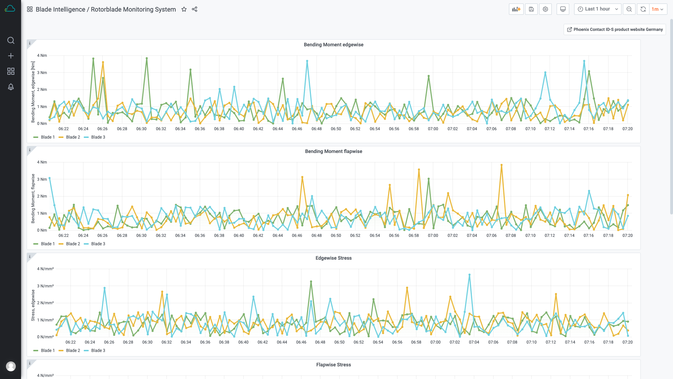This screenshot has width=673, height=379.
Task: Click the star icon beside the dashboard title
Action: (x=184, y=9)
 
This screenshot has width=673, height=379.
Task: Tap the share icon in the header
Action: (x=195, y=9)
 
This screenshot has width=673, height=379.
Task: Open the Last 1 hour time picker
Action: (x=597, y=9)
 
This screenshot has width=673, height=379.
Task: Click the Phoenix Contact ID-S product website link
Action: (x=614, y=29)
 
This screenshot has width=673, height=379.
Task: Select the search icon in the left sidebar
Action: (x=11, y=40)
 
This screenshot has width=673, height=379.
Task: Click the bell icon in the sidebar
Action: (x=11, y=87)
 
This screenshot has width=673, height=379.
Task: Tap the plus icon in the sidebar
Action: (x=11, y=56)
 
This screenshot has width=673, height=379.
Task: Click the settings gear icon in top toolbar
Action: (x=545, y=9)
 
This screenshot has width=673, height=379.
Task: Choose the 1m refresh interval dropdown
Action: (x=658, y=9)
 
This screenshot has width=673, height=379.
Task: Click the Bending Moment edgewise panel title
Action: (x=333, y=45)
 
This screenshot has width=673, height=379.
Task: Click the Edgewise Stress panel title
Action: (x=333, y=258)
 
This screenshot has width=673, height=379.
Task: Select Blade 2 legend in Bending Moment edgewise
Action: (x=73, y=137)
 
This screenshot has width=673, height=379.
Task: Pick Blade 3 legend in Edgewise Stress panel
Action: (x=98, y=351)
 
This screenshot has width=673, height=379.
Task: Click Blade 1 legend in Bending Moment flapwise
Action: (x=48, y=244)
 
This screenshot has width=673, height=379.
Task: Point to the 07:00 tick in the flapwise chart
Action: (x=433, y=235)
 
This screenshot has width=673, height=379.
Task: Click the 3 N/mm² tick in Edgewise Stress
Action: (x=45, y=286)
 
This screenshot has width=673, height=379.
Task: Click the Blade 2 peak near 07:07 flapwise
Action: (x=502, y=165)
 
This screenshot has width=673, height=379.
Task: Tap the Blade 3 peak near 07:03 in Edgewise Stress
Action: (x=469, y=275)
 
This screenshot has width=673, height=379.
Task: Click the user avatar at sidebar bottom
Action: (x=11, y=366)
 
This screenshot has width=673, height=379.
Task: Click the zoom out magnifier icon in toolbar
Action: (x=629, y=9)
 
